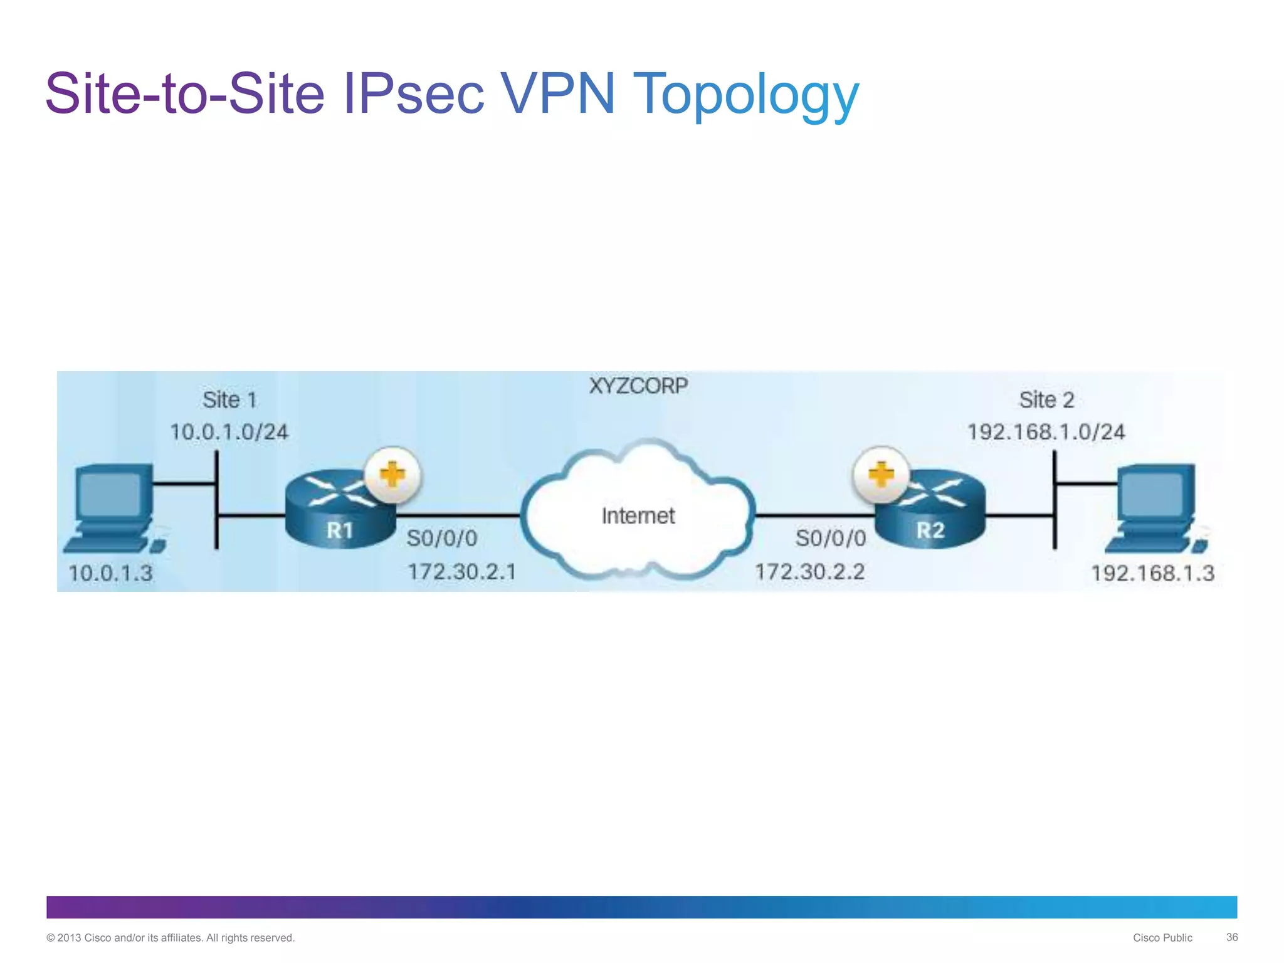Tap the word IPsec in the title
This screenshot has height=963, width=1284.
tap(414, 94)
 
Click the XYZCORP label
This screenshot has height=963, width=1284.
tap(638, 386)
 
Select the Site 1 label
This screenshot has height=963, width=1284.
tap(229, 400)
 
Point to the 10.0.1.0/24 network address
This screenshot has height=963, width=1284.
tap(229, 432)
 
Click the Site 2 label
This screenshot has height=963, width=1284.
tap(1046, 400)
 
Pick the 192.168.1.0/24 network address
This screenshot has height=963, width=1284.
tap(1046, 432)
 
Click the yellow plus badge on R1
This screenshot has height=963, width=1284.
tap(393, 475)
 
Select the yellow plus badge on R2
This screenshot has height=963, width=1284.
tap(881, 475)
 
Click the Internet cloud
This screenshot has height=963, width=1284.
tap(638, 511)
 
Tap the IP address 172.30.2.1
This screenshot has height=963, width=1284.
tap(462, 572)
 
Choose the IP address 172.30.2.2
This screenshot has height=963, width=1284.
tap(809, 572)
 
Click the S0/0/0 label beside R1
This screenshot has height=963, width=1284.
tap(442, 538)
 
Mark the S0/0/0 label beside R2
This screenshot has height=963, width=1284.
tap(831, 538)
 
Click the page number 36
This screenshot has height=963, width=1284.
tap(1231, 937)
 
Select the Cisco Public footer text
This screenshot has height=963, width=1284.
tap(1162, 938)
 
